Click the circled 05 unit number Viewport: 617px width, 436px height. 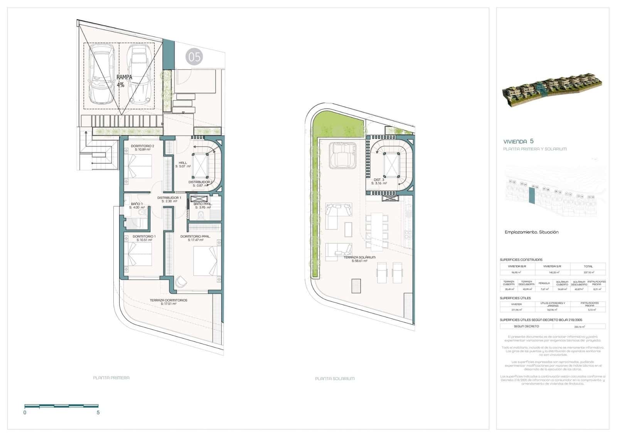(x=194, y=57)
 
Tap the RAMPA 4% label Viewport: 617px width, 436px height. (x=124, y=81)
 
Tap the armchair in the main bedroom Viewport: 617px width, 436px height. (x=180, y=282)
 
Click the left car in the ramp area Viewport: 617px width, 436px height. (x=101, y=74)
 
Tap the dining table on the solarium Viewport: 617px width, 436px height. (x=377, y=231)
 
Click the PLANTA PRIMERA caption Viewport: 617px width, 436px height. (x=111, y=378)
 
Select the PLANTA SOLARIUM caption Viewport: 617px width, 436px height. (x=335, y=379)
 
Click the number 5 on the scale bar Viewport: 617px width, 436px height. (x=98, y=412)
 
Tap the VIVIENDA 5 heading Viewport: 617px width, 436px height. (x=519, y=141)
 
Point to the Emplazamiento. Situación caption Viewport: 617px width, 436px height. (x=531, y=232)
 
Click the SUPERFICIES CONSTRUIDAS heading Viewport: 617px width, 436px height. (x=521, y=260)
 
